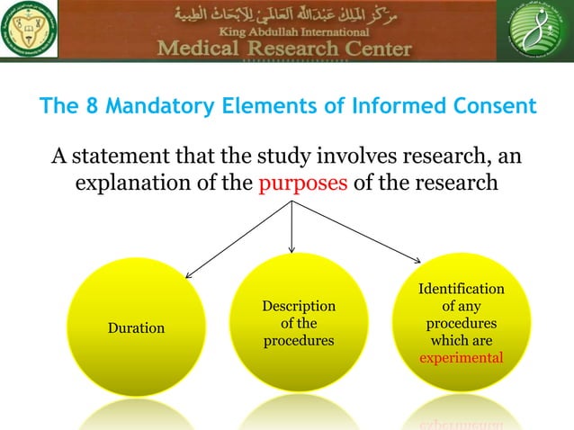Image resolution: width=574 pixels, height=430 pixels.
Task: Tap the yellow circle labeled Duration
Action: pos(136,327)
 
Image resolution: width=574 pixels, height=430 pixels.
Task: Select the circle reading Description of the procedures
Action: pos(299,323)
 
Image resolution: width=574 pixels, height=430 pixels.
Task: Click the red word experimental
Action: pos(462,358)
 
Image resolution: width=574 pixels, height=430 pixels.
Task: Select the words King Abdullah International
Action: pos(286,31)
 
